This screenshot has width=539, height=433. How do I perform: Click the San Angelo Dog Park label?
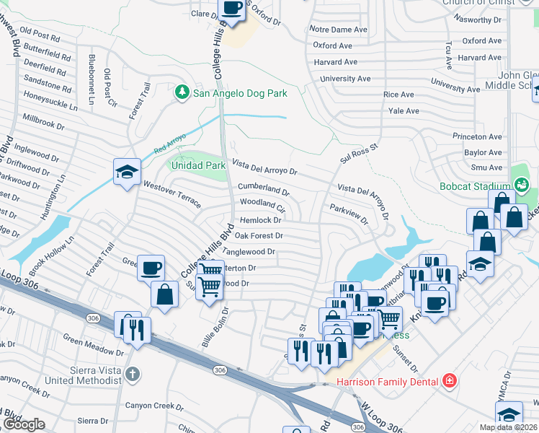coord(241,93)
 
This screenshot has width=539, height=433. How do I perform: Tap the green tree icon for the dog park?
coord(182,92)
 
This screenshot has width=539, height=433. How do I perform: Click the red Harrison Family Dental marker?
coord(450,380)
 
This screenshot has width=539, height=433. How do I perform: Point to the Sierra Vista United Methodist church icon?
coord(131,374)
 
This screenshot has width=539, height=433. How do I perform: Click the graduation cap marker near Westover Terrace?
coord(127,172)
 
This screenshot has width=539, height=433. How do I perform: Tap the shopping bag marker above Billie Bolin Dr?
coord(165,294)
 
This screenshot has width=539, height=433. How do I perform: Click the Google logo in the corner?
coord(24,424)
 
